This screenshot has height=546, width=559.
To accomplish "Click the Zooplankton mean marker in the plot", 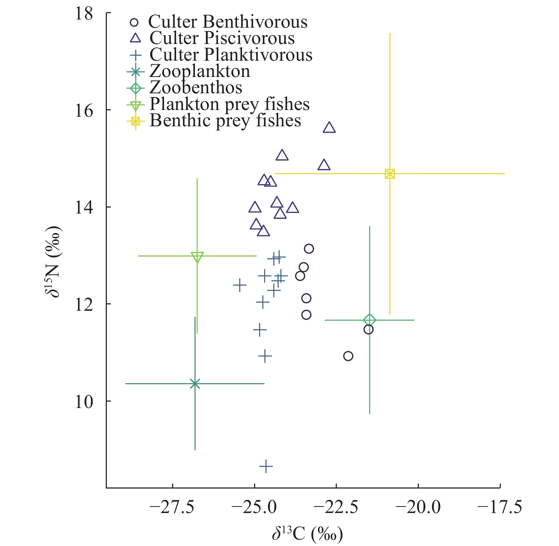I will coord(195,384).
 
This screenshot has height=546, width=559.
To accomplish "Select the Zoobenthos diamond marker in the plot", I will coord(369,320).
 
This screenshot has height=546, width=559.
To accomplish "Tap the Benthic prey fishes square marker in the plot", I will coord(390,174).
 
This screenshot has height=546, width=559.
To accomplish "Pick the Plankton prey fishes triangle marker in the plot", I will coord(197,257).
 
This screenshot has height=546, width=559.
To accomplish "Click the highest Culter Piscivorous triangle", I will coord(329,128).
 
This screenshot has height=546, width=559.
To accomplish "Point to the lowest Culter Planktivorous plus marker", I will coord(266,467).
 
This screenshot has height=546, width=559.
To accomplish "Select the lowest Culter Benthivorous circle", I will coord(348,356).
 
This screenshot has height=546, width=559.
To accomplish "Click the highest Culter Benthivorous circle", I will coord(309,249).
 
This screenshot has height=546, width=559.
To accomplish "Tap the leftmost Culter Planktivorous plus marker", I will coord(240,285).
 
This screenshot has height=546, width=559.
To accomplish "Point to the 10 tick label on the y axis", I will coord(84,401).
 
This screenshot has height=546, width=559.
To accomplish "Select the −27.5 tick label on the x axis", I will coord(172,507).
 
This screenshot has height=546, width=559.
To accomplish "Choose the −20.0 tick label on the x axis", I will coord(418,507).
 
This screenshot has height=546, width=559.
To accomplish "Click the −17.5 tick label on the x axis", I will coord(500,507).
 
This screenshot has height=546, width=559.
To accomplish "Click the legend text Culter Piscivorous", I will coord(222,38).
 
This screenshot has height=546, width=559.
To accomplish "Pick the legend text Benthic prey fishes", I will coord(225,121).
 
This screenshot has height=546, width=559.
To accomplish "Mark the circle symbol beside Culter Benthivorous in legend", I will coord(134,22).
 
